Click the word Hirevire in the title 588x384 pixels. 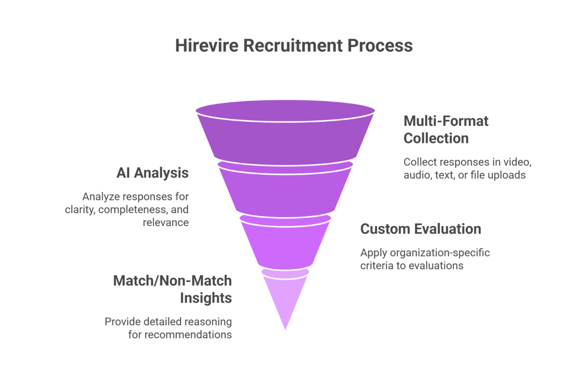(206, 45)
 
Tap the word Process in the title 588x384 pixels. (380, 45)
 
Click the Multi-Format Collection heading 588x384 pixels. (446, 129)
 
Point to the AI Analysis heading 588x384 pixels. (152, 173)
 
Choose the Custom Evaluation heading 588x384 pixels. (420, 228)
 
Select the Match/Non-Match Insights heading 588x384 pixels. (172, 289)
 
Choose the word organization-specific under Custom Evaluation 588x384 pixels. (442, 253)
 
